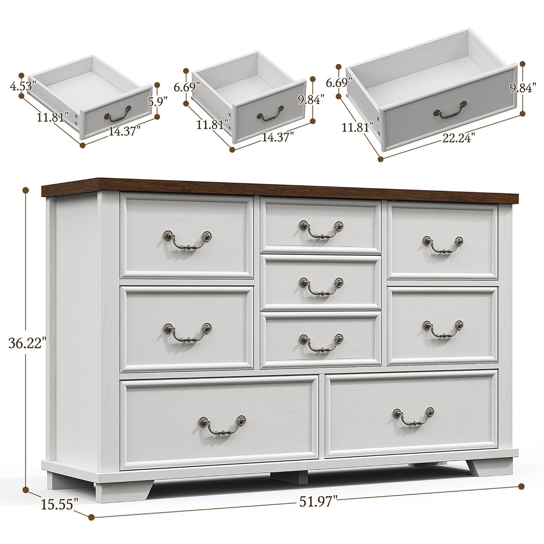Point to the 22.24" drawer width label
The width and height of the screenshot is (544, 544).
458,137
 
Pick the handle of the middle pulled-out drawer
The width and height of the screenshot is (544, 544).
270,114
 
